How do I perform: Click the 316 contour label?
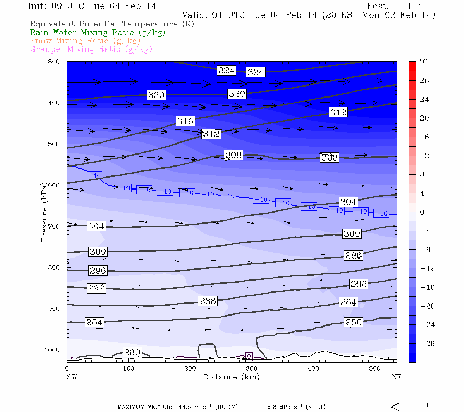[x=185, y=121]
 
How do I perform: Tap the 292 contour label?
[x=96, y=288]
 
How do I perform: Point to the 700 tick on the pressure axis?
[x=54, y=227]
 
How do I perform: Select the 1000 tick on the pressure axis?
[x=52, y=350]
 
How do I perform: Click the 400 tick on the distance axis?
[x=313, y=369]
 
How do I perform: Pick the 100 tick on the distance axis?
[x=129, y=369]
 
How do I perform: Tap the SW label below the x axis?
[x=72, y=377]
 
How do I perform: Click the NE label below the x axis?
[x=396, y=377]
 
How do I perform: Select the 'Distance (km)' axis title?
[x=231, y=377]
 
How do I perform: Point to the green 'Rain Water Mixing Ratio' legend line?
[x=98, y=33]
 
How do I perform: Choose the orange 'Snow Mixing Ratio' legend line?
[x=85, y=41]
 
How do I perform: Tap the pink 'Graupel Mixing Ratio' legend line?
[x=91, y=49]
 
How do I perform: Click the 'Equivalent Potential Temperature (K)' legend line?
[x=112, y=24]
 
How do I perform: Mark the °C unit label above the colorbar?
[x=423, y=62]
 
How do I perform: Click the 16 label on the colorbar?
[x=424, y=137]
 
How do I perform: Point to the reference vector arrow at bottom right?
[x=409, y=407]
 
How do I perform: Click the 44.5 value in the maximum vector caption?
[x=185, y=407]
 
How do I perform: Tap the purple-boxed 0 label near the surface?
[x=249, y=356]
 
